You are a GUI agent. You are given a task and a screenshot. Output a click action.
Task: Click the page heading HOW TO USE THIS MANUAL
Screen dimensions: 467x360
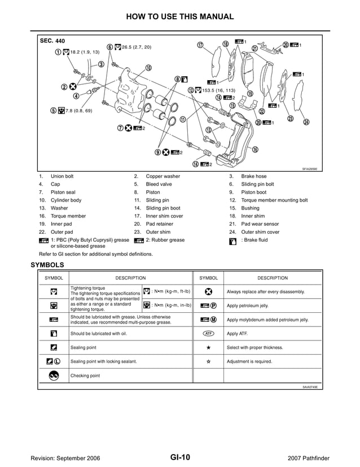(179, 16)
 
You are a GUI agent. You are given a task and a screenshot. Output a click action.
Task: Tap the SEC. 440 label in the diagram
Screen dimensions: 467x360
(52, 41)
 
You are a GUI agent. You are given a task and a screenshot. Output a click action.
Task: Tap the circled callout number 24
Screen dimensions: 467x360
(306, 122)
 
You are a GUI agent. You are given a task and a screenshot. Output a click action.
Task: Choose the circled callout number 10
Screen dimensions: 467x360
(148, 68)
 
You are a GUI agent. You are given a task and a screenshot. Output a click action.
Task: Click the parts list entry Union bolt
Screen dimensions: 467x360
(62, 176)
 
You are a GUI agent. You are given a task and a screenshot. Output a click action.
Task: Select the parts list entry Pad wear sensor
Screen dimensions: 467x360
(260, 224)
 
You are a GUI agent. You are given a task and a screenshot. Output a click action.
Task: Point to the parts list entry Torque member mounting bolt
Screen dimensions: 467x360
(274, 200)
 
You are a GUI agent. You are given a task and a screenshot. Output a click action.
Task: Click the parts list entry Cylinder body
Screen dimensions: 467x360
(66, 200)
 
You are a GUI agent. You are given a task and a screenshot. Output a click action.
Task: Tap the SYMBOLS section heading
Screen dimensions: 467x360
(47, 264)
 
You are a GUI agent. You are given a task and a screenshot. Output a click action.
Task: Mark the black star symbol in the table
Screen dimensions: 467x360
(208, 347)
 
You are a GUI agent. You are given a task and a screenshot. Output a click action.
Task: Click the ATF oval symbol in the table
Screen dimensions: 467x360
(208, 334)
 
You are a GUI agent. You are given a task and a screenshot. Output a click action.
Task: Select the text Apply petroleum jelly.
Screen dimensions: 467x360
(247, 305)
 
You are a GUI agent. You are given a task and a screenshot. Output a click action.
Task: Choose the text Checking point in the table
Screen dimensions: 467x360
(85, 376)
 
